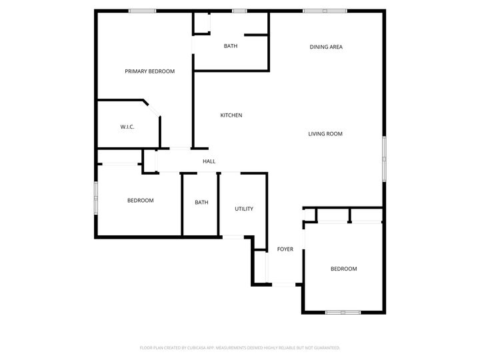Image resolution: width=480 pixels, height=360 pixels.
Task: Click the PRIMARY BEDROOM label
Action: [x=149, y=71]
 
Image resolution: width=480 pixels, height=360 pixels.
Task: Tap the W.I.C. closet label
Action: [x=127, y=127]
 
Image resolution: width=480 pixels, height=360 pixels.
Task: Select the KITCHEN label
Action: [x=231, y=115]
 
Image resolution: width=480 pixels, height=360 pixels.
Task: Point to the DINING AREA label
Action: [x=326, y=47]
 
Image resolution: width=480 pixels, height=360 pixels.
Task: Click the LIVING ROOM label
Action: [x=325, y=134]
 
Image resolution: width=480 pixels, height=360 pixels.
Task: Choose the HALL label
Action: [x=209, y=161]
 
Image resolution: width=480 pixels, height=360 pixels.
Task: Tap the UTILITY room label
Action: [x=244, y=209]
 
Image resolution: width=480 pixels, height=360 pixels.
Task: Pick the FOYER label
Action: [x=285, y=249]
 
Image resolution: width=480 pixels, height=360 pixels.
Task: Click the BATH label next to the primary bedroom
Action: [x=231, y=46]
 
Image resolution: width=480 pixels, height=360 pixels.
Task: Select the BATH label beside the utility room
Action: [x=202, y=203]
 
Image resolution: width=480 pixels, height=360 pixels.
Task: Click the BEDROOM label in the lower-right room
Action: [x=344, y=269]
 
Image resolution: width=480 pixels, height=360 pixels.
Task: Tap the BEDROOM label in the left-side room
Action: [x=141, y=201]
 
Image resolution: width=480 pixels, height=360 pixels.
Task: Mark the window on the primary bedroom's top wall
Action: [x=142, y=11]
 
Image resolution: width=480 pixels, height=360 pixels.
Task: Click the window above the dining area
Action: [x=325, y=11]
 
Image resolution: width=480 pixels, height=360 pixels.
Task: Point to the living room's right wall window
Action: [x=384, y=158]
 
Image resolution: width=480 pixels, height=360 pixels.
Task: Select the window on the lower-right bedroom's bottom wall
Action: [x=343, y=312]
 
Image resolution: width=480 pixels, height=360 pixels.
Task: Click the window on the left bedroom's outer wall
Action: [x=96, y=199]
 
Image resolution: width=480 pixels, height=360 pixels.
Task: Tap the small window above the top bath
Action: [x=239, y=11]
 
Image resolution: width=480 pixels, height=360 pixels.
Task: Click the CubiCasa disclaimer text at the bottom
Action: [x=240, y=347]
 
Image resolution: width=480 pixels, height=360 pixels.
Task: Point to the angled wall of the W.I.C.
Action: [x=152, y=109]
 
